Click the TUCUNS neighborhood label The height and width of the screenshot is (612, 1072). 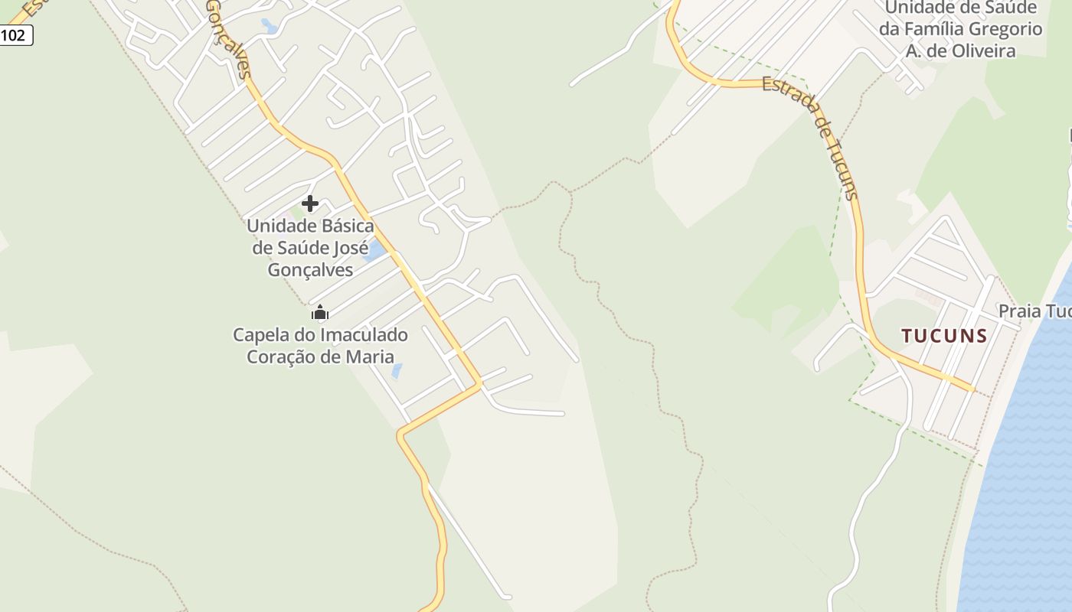944,336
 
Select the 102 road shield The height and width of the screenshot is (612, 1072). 15,35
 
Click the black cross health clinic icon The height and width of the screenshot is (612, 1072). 310,203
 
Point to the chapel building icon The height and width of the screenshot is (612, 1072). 320,312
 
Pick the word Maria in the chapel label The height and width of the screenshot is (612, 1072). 371,356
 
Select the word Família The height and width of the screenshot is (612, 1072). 933,29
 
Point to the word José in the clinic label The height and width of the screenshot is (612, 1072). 350,248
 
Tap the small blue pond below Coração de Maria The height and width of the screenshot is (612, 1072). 397,372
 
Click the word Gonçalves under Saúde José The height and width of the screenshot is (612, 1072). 310,270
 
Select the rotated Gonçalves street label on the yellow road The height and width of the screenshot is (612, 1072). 228,38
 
